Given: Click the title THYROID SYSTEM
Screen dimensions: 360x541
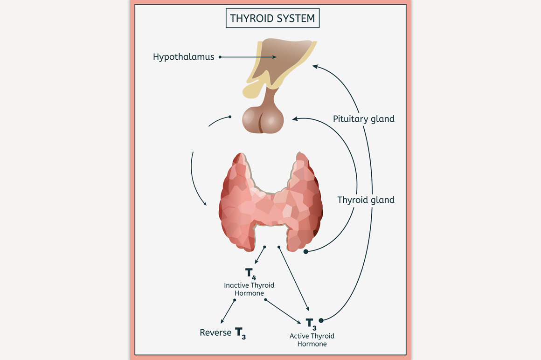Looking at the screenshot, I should click(273, 19).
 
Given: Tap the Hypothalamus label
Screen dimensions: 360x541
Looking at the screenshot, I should click(184, 57).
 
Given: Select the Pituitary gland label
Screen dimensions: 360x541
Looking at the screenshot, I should click(363, 119).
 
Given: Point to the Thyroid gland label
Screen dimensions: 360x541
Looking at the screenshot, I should click(366, 200).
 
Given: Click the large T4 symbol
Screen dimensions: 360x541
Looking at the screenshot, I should click(250, 274).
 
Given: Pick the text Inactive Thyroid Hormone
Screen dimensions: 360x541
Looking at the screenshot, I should click(249, 289).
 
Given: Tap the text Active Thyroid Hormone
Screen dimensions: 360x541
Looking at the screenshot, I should click(312, 340).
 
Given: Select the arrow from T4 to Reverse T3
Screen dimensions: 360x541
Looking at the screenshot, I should click(228, 311).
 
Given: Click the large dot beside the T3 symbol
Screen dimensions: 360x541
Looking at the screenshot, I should click(321, 320).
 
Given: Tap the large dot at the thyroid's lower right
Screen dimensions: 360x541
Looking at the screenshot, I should click(306, 252).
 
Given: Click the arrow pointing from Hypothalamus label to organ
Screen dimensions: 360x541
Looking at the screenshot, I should click(247, 57).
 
